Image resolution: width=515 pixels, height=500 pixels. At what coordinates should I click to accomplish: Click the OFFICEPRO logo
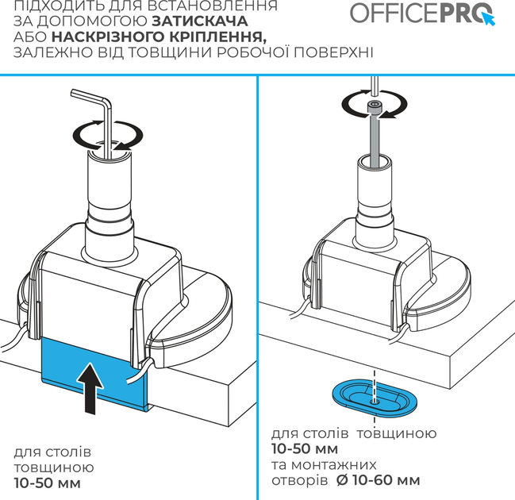[x=422, y=13]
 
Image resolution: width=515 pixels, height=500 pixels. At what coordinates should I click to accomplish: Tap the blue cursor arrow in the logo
[x=488, y=18]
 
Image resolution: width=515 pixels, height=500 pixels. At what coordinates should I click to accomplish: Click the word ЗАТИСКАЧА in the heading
[x=200, y=21]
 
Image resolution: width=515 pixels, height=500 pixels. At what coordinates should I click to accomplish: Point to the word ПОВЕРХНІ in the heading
[x=333, y=52]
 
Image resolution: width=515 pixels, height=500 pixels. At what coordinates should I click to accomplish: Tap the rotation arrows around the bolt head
[x=375, y=104]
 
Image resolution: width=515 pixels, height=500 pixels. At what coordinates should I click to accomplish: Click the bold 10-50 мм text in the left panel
[x=48, y=483]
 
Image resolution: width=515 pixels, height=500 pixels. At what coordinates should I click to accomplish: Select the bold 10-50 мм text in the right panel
[x=305, y=448]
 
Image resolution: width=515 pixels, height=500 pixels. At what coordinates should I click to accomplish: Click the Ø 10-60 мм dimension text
[x=379, y=480]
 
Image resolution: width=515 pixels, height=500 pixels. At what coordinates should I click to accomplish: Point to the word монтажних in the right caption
[x=334, y=465]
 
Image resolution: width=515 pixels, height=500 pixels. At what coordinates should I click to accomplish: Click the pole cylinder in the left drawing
[x=110, y=204]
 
